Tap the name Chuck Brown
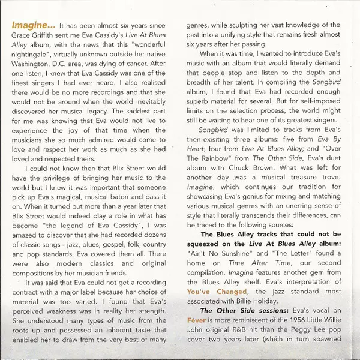pos(255,188)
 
